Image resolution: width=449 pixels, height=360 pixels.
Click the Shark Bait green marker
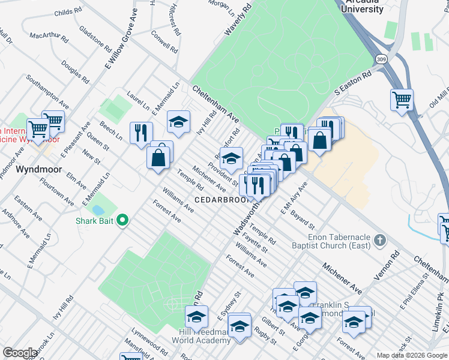pos(123,220)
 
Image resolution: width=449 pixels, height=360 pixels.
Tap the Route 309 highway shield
pos(380,59)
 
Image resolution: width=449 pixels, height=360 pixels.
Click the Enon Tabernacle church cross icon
pos(379,241)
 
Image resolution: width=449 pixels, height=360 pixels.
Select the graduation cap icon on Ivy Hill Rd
pos(178,121)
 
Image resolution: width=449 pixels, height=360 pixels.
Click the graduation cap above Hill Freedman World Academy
pos(196,316)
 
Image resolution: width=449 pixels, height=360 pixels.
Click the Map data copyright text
pos(412,355)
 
